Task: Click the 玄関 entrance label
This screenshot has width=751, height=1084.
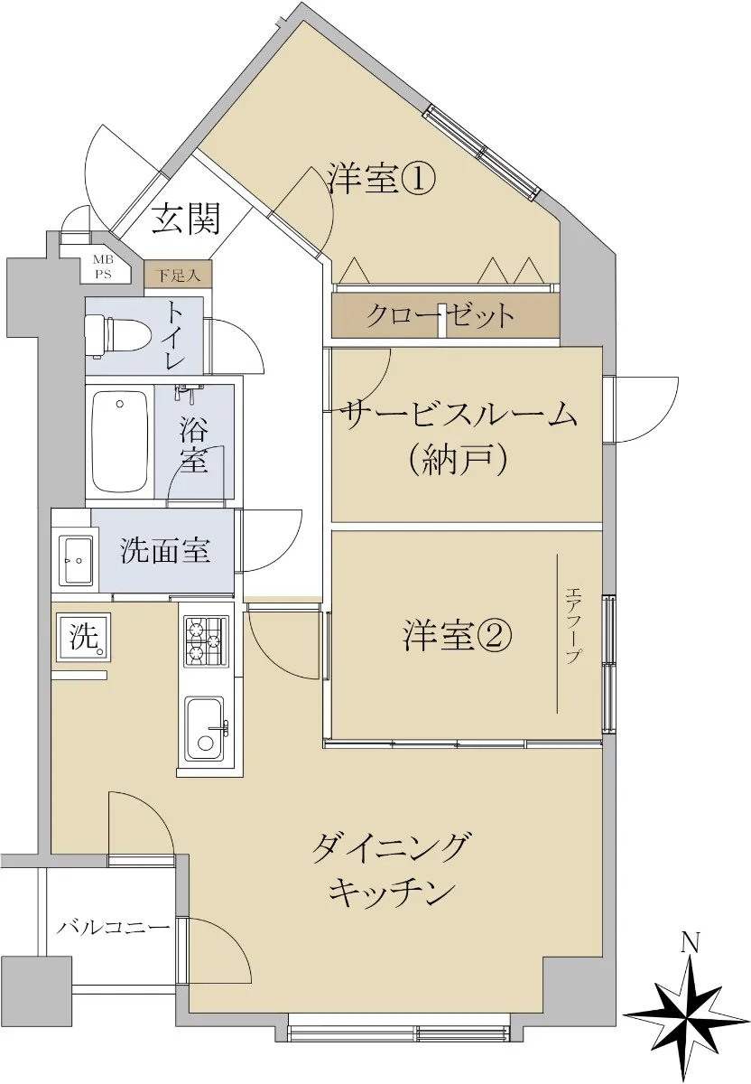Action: click(x=187, y=219)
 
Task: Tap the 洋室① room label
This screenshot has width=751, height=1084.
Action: click(x=383, y=178)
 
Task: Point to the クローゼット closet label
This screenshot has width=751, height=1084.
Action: click(x=439, y=316)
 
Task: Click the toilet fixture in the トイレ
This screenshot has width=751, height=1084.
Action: click(x=118, y=336)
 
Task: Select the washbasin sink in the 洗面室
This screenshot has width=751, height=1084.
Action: click(x=76, y=560)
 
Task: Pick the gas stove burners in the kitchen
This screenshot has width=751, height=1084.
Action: click(x=206, y=640)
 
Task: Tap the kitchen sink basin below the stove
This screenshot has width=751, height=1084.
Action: click(x=205, y=728)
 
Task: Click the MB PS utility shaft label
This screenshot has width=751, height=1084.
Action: click(x=103, y=267)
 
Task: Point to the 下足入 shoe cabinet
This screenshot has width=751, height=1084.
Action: click(x=178, y=275)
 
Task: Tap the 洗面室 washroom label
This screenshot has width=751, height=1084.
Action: click(x=165, y=550)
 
